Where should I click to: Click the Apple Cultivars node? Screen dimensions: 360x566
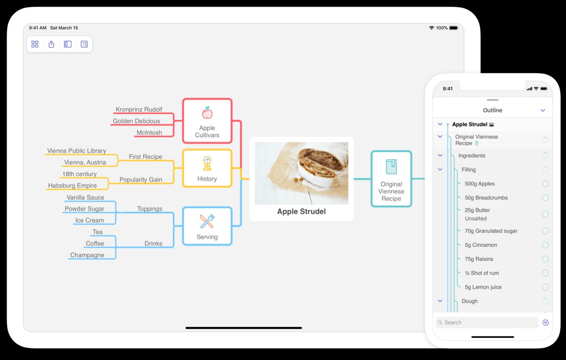pyautogui.click(x=207, y=121)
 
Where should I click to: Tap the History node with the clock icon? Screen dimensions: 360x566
pyautogui.click(x=207, y=168)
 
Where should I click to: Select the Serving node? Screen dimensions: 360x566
pyautogui.click(x=207, y=226)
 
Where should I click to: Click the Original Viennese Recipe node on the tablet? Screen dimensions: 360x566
pyautogui.click(x=391, y=179)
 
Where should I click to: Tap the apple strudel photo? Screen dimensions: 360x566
pyautogui.click(x=301, y=173)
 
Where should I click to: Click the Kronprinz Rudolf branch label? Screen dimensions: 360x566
pyautogui.click(x=139, y=109)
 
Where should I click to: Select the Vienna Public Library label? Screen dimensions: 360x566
pyautogui.click(x=76, y=151)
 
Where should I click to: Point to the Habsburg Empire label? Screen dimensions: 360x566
pyautogui.click(x=72, y=186)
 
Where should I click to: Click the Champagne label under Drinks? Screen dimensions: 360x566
pyautogui.click(x=87, y=255)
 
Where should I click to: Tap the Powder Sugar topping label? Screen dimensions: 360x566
pyautogui.click(x=84, y=209)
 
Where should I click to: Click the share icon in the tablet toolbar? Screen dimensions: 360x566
pyautogui.click(x=51, y=44)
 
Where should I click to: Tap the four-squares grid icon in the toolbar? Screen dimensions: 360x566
pyautogui.click(x=35, y=44)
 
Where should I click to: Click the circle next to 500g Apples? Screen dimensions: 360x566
pyautogui.click(x=545, y=184)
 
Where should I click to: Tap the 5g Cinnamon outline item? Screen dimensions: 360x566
pyautogui.click(x=481, y=245)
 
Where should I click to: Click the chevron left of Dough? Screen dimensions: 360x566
pyautogui.click(x=440, y=301)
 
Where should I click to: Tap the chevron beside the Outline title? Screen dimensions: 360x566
pyautogui.click(x=543, y=110)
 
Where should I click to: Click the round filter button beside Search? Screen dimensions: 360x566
pyautogui.click(x=546, y=323)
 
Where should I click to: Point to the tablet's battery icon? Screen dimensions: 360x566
pyautogui.click(x=454, y=28)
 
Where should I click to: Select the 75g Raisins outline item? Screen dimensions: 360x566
pyautogui.click(x=479, y=259)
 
